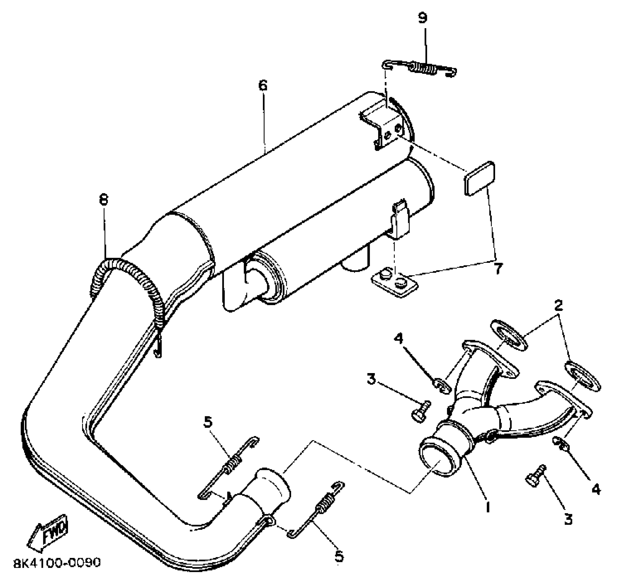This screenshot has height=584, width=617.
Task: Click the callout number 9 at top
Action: coord(422,18)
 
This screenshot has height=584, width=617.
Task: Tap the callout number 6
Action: coord(263,86)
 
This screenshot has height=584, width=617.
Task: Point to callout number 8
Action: coord(103,200)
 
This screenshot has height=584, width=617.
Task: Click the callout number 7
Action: coord(498,268)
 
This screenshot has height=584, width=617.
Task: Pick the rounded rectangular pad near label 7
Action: coord(480,179)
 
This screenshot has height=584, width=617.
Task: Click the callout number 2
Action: coord(558,305)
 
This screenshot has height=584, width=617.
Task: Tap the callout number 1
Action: coord(487,507)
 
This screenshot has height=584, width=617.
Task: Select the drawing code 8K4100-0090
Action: coord(57,563)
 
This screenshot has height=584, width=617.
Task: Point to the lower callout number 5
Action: coord(339,556)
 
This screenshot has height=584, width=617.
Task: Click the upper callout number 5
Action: coord(208,422)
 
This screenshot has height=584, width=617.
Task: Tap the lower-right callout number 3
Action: coord(569,519)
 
